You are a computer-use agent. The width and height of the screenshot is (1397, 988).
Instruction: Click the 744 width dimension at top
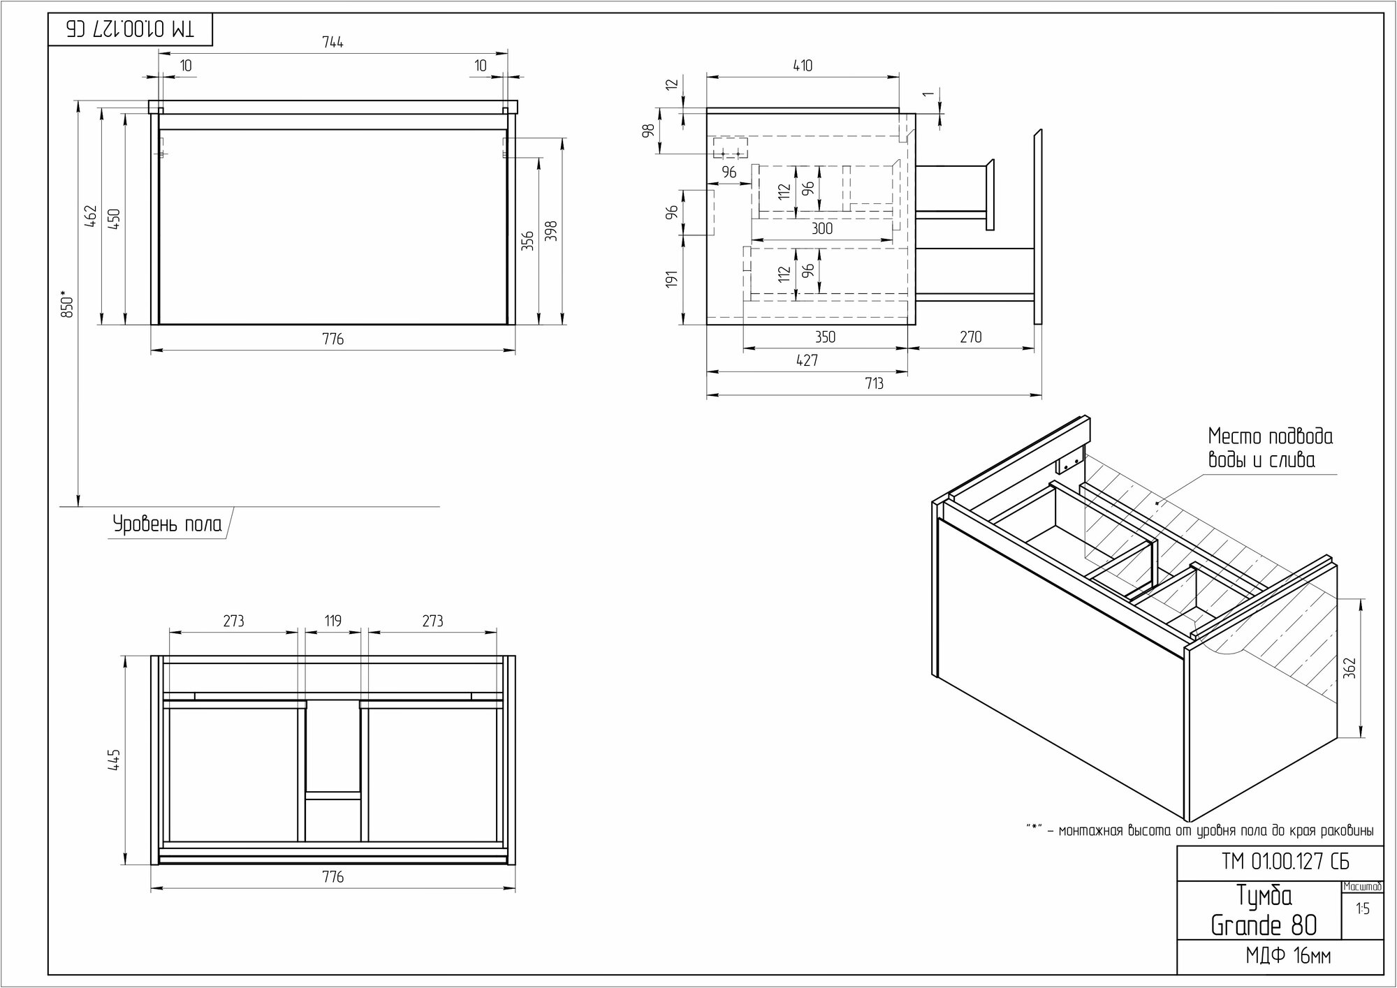[x=333, y=43]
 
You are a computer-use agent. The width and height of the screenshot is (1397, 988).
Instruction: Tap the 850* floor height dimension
[x=68, y=304]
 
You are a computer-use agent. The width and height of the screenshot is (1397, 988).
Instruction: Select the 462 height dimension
[x=90, y=216]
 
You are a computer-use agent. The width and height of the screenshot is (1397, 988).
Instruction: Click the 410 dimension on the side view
[x=803, y=66]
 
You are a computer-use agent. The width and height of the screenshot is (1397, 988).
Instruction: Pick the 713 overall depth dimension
[x=874, y=383]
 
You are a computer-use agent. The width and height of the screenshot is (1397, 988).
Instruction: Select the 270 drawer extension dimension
[x=970, y=337]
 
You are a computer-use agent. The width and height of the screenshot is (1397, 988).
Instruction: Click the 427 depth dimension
[x=807, y=360]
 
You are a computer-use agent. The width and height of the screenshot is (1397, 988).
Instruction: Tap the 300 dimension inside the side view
[x=822, y=228]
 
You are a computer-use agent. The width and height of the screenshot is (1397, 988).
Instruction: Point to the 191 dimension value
[x=672, y=279]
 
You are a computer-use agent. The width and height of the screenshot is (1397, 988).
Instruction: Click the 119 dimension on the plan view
[x=333, y=621]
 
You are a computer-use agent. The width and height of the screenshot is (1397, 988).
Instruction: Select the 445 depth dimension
[x=115, y=760]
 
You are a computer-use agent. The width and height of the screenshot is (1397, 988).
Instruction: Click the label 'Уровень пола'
[x=168, y=524]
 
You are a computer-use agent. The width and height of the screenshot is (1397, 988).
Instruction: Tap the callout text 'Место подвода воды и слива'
[x=1270, y=448]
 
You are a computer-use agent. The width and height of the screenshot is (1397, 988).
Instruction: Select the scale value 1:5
[x=1362, y=909]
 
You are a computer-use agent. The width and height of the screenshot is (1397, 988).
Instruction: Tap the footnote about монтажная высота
[x=1199, y=831]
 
